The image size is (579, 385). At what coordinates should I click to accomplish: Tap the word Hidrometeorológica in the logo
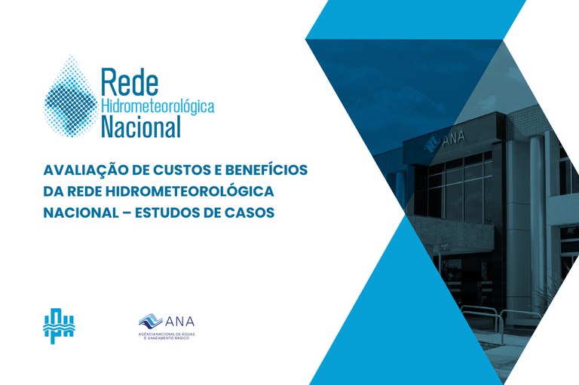(157, 106)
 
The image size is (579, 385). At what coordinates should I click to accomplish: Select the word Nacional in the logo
(141, 126)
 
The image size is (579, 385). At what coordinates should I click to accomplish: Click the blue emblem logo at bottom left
(59, 323)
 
